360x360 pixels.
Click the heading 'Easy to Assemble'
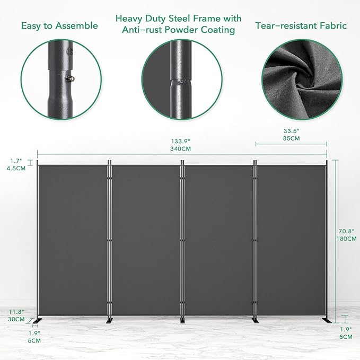click(59, 25)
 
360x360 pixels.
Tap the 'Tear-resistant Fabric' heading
click(301, 25)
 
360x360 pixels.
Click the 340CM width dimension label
click(181, 149)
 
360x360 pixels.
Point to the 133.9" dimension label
click(181, 141)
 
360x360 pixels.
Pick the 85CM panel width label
click(291, 138)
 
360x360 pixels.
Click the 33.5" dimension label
click(291, 130)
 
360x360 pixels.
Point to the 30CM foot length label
click(16, 319)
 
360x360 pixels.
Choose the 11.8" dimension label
click(16, 311)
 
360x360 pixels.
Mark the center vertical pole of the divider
click(182, 239)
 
